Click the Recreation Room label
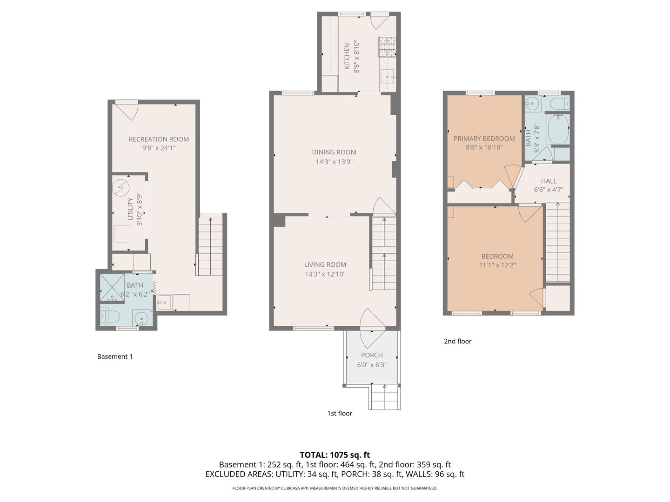tap(158, 139)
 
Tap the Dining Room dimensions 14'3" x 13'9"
tap(334, 162)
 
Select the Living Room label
tap(325, 264)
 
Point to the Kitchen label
tap(347, 56)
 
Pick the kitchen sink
tap(388, 77)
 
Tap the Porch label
tap(371, 355)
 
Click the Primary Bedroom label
tap(484, 139)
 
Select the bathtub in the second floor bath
tap(558, 129)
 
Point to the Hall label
tap(549, 181)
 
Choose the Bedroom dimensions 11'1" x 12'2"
tap(497, 265)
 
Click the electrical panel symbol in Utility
tap(121, 188)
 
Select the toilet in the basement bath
tap(109, 317)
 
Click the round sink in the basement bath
tap(142, 318)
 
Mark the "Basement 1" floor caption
tap(115, 357)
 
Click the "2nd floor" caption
tap(457, 341)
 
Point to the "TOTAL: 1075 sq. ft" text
tap(335, 455)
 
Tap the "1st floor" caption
tap(340, 413)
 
